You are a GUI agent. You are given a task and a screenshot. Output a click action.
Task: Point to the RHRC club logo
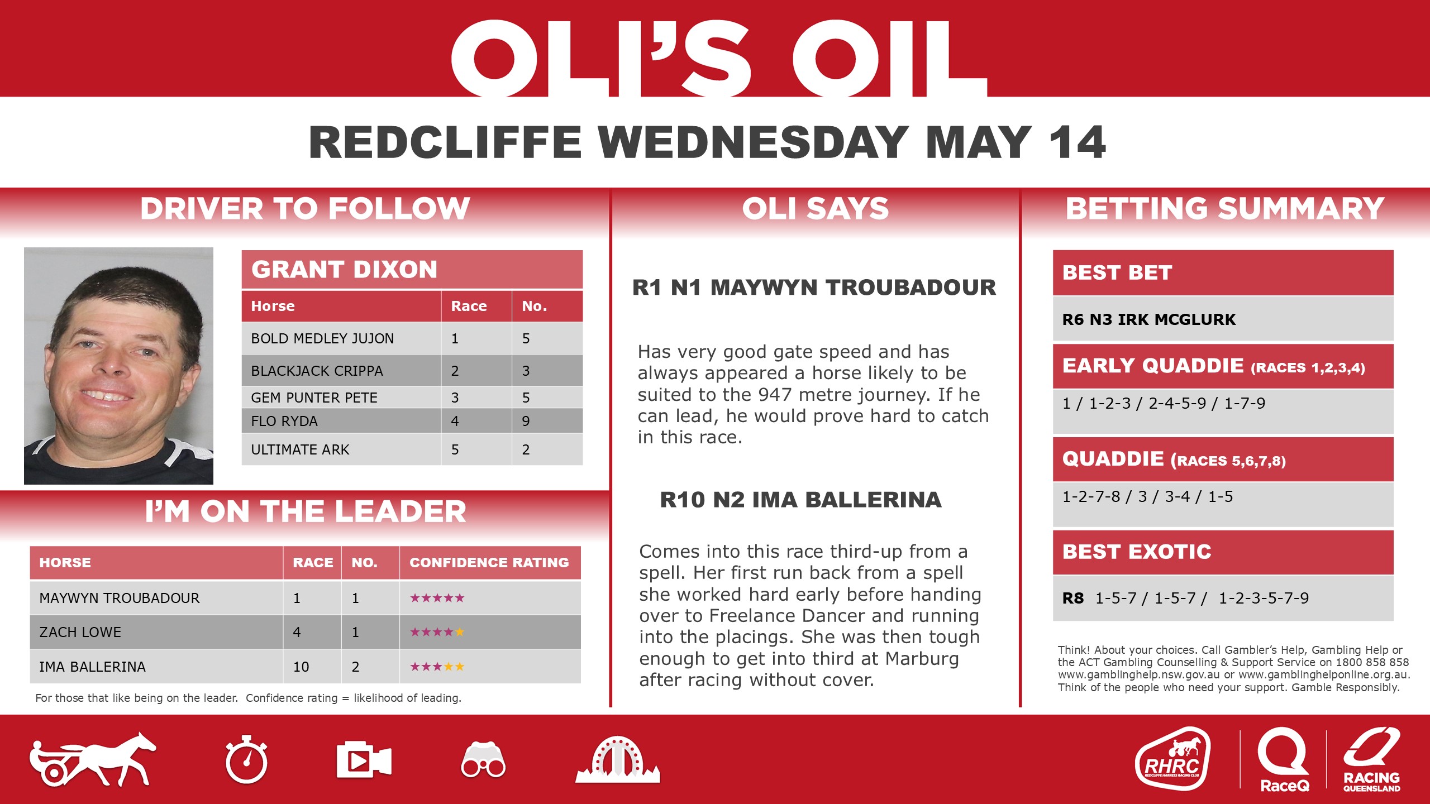click(x=1172, y=759)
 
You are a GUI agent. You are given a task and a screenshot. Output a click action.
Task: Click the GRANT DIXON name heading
click(x=344, y=270)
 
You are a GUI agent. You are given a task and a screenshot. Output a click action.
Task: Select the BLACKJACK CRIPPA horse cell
click(x=317, y=371)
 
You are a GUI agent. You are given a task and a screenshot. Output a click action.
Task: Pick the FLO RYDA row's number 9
click(x=526, y=421)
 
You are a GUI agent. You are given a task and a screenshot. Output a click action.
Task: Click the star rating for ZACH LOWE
click(x=437, y=632)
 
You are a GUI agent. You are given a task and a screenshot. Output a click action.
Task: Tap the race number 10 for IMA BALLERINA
click(x=301, y=667)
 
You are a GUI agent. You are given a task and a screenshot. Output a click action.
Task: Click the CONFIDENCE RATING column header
click(x=489, y=562)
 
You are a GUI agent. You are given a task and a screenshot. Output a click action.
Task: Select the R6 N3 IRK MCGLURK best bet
click(x=1148, y=319)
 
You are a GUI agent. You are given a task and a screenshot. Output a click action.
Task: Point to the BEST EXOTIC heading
click(x=1137, y=552)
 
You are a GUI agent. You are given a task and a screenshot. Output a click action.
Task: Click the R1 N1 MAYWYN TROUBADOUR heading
click(x=814, y=288)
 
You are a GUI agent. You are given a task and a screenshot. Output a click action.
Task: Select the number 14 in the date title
click(x=1077, y=142)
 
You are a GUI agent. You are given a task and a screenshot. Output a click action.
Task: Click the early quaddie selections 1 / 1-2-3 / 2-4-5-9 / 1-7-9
click(x=1164, y=403)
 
